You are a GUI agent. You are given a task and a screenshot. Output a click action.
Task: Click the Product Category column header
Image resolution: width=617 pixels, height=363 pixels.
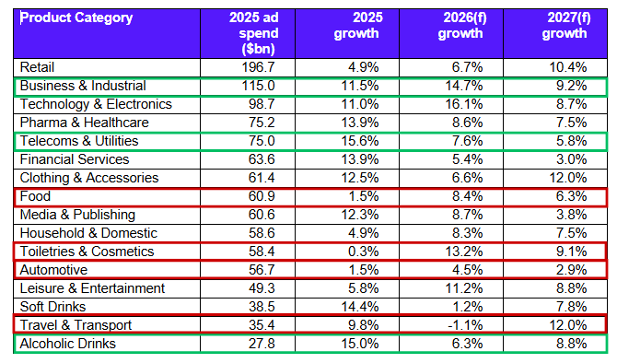point(76,18)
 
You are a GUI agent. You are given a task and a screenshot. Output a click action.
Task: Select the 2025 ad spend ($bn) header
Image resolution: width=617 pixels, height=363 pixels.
point(254,33)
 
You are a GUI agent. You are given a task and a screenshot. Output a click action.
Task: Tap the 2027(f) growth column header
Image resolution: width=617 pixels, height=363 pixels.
point(565,26)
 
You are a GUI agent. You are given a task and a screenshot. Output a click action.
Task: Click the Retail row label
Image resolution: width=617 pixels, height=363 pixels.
point(37,67)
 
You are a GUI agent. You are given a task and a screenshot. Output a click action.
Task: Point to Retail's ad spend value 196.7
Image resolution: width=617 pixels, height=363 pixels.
point(258,67)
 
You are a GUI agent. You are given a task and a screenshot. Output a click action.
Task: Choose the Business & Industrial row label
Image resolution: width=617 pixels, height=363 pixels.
point(83,86)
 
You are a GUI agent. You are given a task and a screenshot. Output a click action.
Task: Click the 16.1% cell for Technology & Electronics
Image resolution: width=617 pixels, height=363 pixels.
point(464,104)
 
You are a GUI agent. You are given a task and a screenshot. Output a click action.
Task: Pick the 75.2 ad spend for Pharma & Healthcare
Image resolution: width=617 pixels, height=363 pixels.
point(262,123)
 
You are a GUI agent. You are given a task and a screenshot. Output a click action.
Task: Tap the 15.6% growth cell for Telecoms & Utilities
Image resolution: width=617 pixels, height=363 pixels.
point(360,141)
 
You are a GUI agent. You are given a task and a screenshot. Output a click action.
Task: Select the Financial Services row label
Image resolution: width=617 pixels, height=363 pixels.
point(75,159)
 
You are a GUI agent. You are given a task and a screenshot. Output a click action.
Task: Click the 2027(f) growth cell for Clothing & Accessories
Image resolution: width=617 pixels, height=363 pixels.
point(568,178)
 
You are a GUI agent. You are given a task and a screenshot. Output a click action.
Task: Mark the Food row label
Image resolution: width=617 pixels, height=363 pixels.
point(35,196)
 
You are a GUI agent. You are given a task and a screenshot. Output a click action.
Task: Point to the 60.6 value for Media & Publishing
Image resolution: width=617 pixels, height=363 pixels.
point(262,215)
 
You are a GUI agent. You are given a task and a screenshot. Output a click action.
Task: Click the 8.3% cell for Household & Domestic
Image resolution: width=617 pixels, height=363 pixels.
point(468,233)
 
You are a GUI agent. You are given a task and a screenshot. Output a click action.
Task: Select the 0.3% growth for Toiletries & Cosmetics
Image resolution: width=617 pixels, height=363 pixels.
point(363,252)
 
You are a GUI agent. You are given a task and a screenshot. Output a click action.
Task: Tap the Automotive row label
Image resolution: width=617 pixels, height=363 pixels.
point(53,270)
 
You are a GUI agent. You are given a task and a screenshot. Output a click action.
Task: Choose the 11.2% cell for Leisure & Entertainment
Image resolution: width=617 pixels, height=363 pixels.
point(464,288)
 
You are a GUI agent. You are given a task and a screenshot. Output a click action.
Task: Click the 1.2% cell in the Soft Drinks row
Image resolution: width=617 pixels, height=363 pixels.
point(468,307)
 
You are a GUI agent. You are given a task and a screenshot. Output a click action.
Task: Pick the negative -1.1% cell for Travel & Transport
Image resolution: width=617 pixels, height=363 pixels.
point(465,325)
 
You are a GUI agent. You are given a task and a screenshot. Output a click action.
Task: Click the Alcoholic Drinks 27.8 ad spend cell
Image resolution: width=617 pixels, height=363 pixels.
point(262,344)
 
